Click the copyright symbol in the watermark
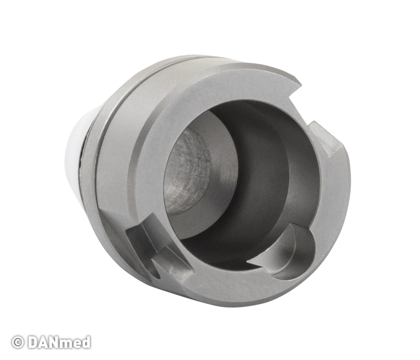17,342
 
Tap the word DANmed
59,342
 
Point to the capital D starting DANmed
33,342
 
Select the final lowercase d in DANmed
86,342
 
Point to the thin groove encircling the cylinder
107,134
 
